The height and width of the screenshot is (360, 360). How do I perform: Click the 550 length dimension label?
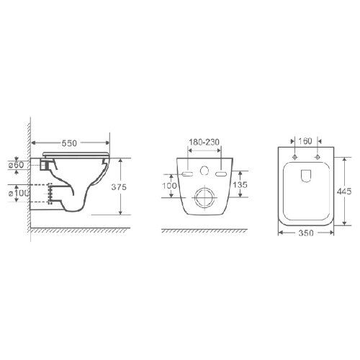point(69,143)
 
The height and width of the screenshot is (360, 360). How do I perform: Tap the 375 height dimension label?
point(119,187)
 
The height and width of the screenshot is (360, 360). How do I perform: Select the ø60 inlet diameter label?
point(17,165)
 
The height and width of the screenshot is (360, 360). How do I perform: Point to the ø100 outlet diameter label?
point(19,193)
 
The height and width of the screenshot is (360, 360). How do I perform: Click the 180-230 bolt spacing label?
point(204,142)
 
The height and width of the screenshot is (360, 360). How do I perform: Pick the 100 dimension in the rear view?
point(169,186)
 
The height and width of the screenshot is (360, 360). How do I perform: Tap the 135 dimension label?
point(240,184)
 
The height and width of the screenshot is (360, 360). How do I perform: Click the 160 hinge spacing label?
point(305,141)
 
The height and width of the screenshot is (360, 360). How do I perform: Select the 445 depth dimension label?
point(344,192)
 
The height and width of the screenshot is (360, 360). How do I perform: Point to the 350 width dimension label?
point(306,233)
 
